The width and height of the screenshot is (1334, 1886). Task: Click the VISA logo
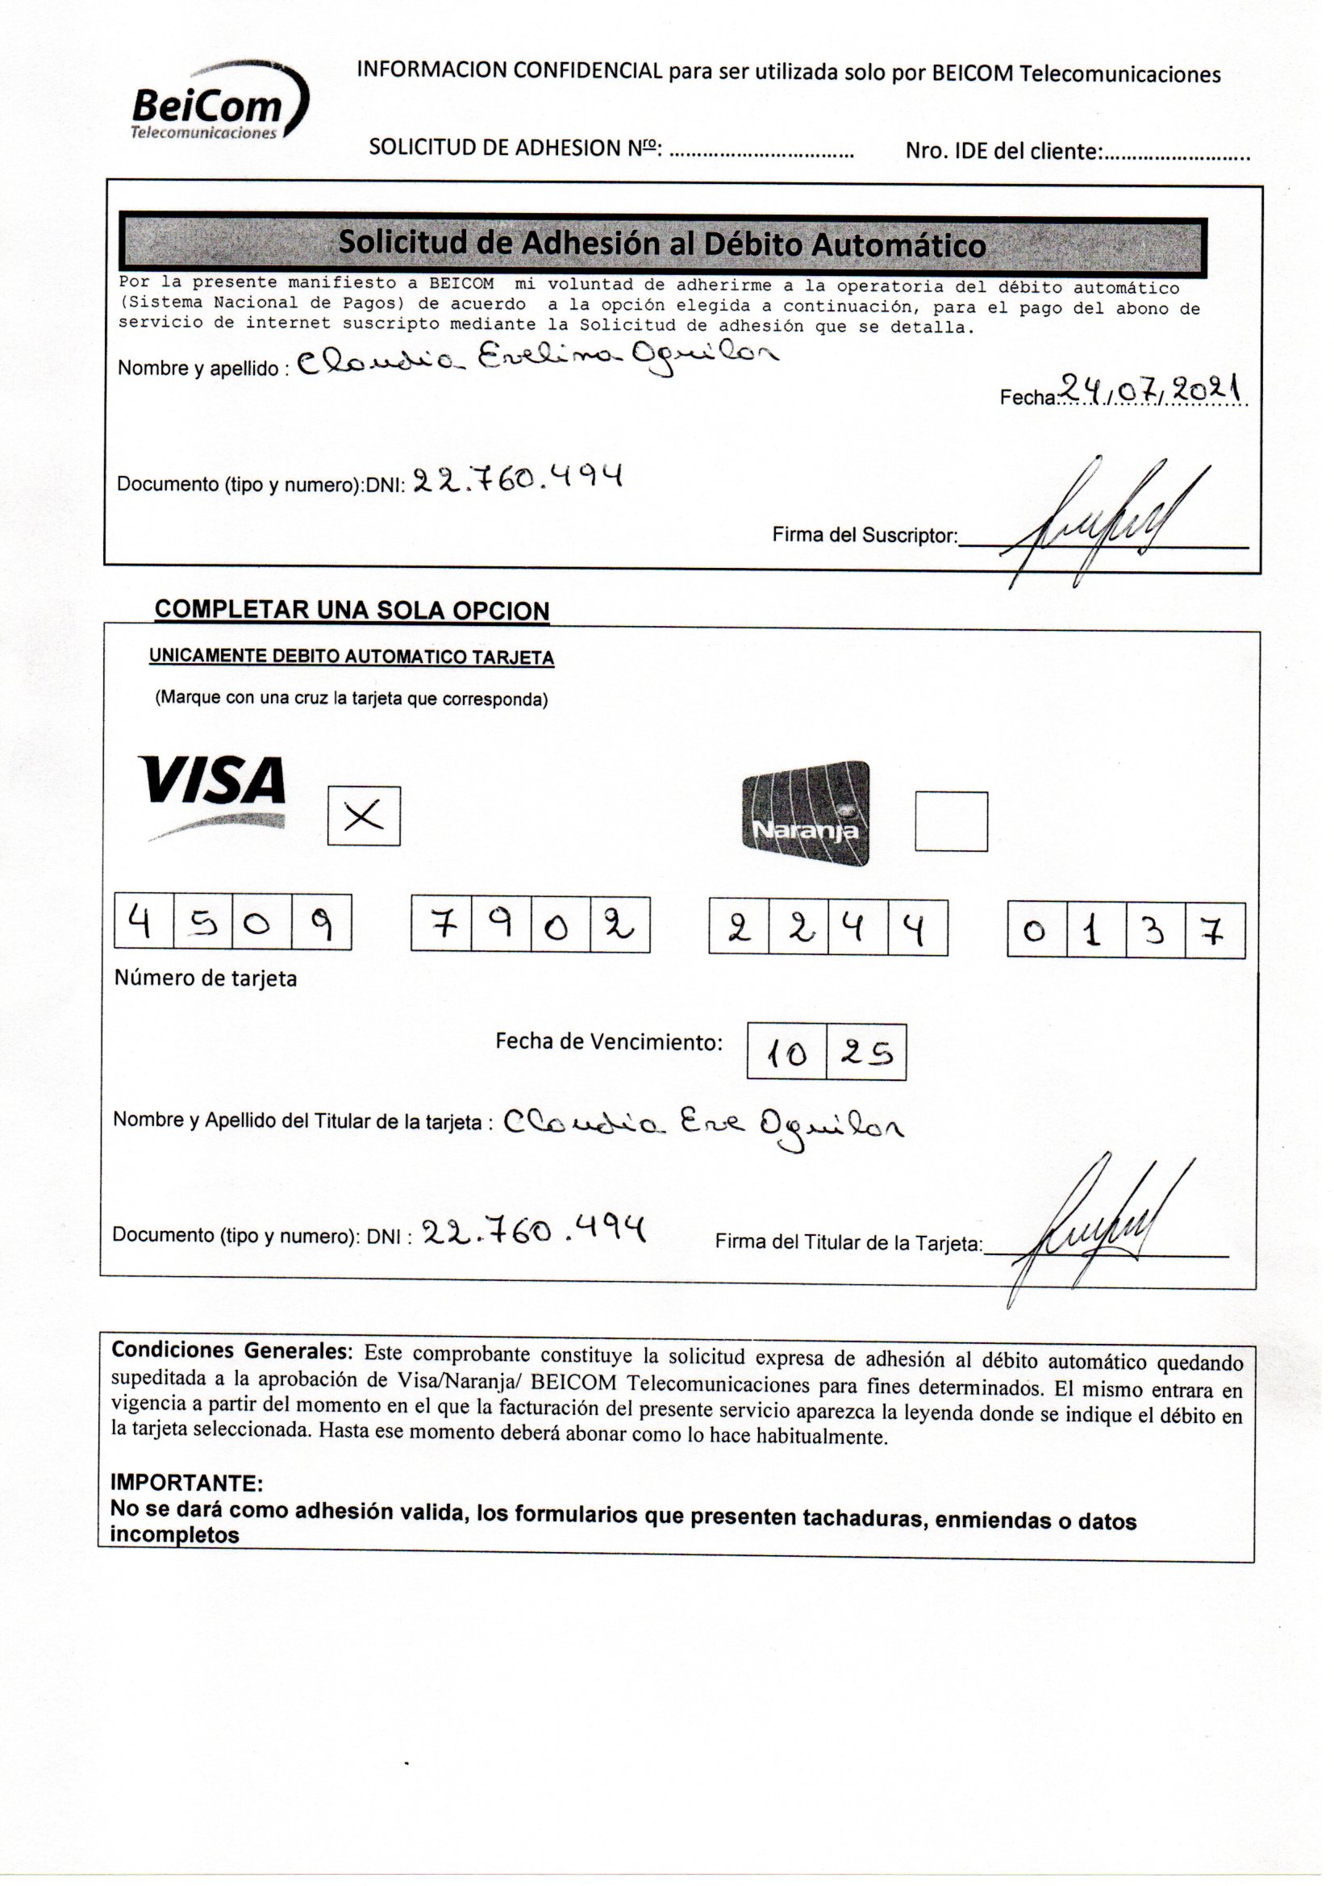pyautogui.click(x=215, y=795)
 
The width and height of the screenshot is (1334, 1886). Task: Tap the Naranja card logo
pyautogui.click(x=805, y=813)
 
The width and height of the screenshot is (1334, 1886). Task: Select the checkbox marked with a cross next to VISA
pyautogui.click(x=364, y=816)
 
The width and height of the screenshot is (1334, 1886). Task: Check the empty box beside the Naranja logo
pyautogui.click(x=951, y=821)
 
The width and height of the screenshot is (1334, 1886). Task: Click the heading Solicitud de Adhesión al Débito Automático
pyautogui.click(x=662, y=244)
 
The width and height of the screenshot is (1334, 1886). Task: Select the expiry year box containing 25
pyautogui.click(x=865, y=1052)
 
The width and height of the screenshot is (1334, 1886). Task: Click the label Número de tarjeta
pyautogui.click(x=206, y=978)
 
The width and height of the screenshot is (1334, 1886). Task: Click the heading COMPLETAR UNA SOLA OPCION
pyautogui.click(x=352, y=610)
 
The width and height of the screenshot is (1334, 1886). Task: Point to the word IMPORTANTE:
pyautogui.click(x=186, y=1482)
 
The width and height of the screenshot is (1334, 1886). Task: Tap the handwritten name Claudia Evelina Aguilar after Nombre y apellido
pyautogui.click(x=538, y=360)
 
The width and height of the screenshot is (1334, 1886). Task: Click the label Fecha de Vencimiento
pyautogui.click(x=609, y=1041)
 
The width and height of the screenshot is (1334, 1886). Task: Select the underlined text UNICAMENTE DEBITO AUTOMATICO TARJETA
pyautogui.click(x=352, y=657)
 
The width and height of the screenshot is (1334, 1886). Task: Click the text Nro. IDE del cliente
pyautogui.click(x=1003, y=151)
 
